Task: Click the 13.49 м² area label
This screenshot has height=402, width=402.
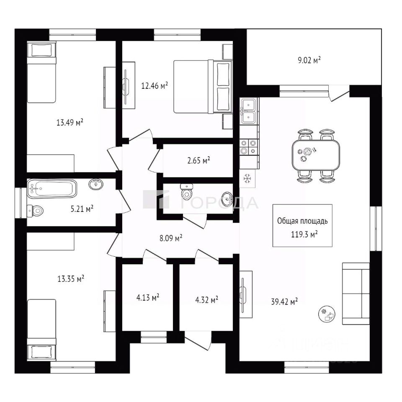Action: click(x=70, y=122)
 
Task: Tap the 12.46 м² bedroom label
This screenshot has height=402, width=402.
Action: click(x=155, y=86)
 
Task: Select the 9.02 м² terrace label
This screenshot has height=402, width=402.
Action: click(x=309, y=60)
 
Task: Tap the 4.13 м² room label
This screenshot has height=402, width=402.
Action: click(x=147, y=298)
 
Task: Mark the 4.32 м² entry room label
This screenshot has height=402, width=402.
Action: click(x=206, y=300)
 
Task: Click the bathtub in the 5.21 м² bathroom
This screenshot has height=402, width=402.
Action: click(x=52, y=188)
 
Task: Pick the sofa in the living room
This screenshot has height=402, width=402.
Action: click(x=356, y=294)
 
